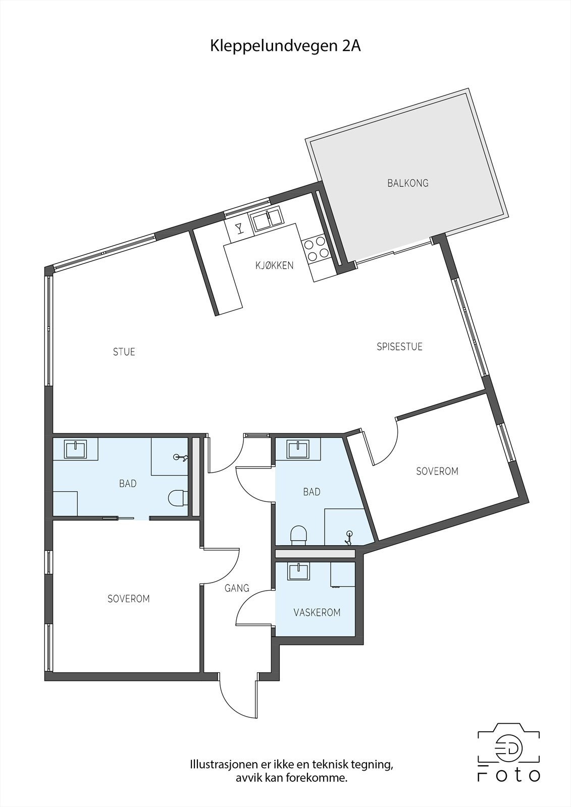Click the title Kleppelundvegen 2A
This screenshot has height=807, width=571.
tap(285, 46)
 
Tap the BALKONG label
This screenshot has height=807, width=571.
tap(408, 183)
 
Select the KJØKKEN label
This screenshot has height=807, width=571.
tap(274, 265)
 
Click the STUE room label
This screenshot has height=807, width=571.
tap(124, 352)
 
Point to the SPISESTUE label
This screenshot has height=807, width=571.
tap(399, 347)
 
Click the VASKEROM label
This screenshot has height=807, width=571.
tap(317, 612)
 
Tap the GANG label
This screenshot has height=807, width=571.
tap(237, 588)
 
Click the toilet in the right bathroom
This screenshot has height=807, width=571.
tap(299, 535)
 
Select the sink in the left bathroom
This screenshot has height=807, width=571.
tap(76, 448)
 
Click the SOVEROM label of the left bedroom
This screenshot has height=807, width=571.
tap(129, 599)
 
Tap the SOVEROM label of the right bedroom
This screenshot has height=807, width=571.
tap(437, 471)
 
